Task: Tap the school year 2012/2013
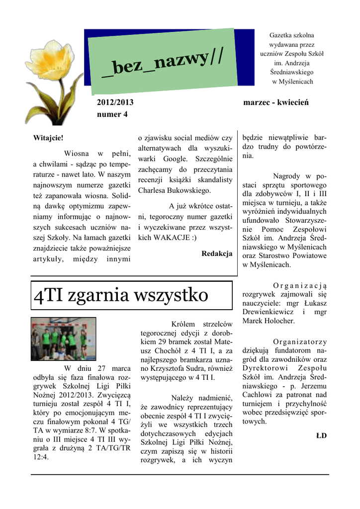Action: (115, 102)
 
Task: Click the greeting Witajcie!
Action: (48, 137)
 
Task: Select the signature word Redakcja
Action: (217, 254)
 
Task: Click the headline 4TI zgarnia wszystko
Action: (121, 295)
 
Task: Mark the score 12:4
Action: (41, 457)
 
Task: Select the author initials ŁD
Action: (321, 435)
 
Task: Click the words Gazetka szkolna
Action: (292, 36)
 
